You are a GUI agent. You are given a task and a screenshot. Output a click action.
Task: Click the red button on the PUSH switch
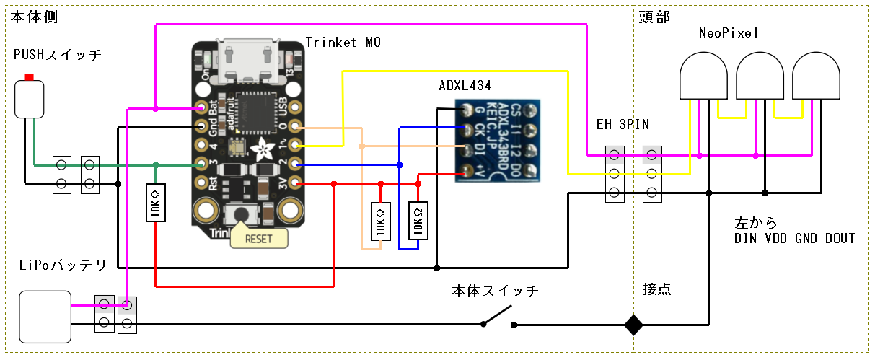tap(29, 76)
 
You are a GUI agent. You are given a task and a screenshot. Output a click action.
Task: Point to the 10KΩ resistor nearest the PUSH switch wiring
tap(155, 203)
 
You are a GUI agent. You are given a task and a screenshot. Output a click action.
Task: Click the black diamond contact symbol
tap(633, 325)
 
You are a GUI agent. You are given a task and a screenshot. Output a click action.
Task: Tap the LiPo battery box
tap(45, 316)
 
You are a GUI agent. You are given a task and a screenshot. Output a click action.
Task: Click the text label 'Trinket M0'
tap(343, 43)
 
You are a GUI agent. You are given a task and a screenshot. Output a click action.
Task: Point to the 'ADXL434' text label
tap(465, 85)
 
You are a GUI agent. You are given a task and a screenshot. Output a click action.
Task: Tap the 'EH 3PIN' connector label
tap(623, 124)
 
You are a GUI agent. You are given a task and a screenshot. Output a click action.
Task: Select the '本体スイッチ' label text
tap(495, 291)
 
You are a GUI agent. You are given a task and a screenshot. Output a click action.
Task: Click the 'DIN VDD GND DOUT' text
tap(794, 238)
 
